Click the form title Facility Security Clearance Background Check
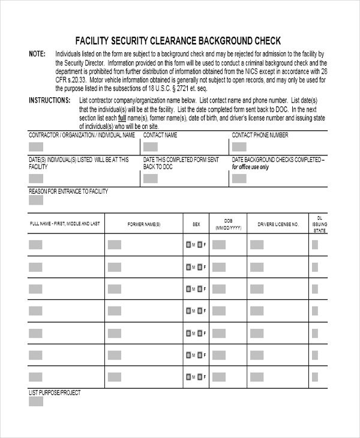[x=178, y=41]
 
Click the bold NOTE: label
[x=37, y=54]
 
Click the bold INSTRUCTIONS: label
[x=50, y=100]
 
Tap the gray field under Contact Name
[x=150, y=146]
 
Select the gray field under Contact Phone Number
[x=239, y=146]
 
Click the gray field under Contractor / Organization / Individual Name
[x=36, y=146]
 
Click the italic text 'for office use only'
[x=250, y=167]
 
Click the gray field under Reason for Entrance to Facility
[x=36, y=200]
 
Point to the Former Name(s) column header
[x=144, y=224]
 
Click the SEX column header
[x=196, y=224]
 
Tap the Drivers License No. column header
[x=278, y=224]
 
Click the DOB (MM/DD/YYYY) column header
[x=228, y=224]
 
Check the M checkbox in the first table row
[x=188, y=244]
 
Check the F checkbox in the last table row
[x=200, y=377]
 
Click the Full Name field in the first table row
[x=36, y=244]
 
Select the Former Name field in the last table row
[x=114, y=377]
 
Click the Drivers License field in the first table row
[x=256, y=244]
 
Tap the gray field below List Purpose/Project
[x=36, y=402]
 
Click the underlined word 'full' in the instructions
[x=130, y=118]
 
